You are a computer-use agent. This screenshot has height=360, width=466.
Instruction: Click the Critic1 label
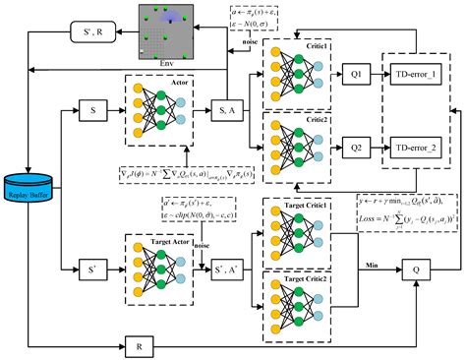click(314, 47)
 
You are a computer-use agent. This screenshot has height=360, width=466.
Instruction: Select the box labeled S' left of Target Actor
click(90, 267)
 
